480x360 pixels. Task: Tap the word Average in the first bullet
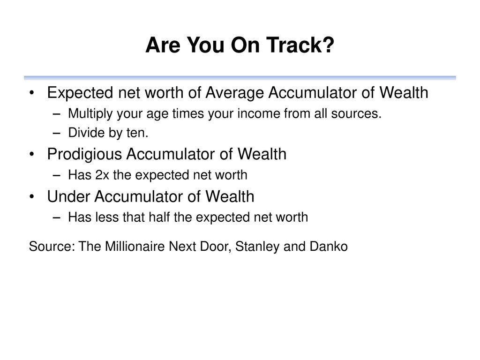click(x=234, y=93)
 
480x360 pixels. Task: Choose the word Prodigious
click(x=84, y=154)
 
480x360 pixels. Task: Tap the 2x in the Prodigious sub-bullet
click(x=102, y=175)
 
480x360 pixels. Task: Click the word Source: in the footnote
click(x=52, y=247)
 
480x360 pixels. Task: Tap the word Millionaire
click(x=135, y=247)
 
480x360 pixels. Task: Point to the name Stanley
click(x=257, y=247)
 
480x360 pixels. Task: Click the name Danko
click(x=329, y=247)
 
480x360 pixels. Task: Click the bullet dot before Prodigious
click(x=32, y=155)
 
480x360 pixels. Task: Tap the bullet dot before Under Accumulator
click(x=32, y=197)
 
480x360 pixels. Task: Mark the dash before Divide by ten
click(x=56, y=134)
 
